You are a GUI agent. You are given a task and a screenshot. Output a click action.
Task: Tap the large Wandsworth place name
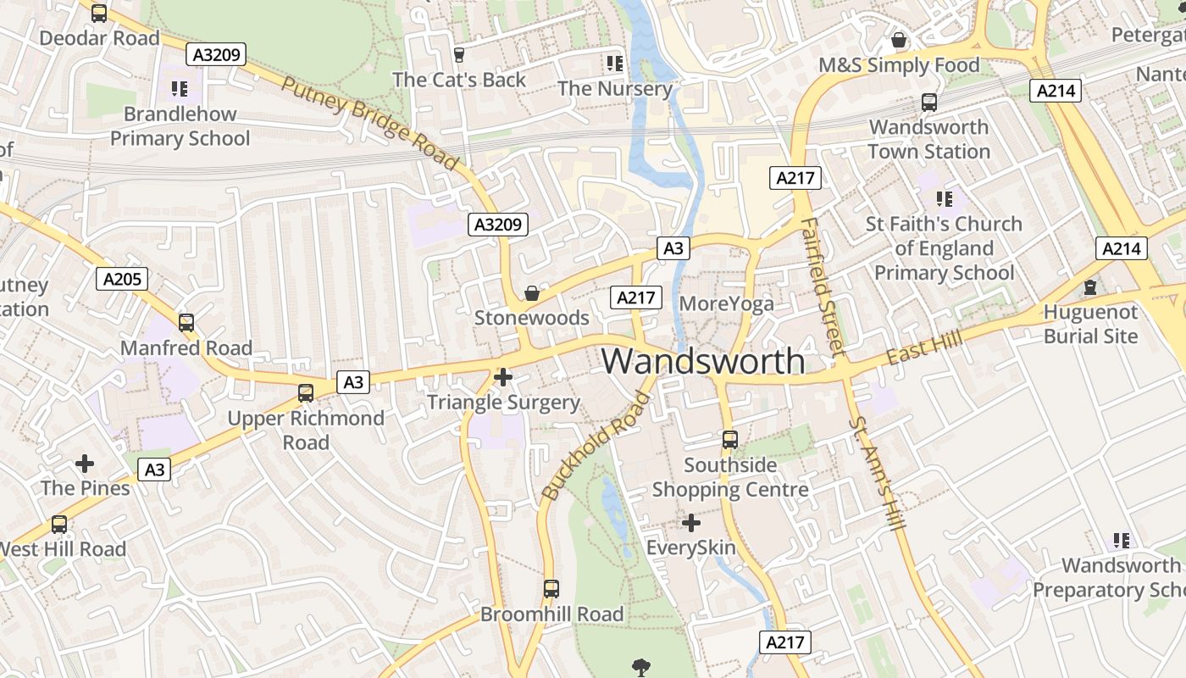pyautogui.click(x=703, y=361)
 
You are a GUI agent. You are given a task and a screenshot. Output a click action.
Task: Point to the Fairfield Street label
pyautogui.click(x=823, y=286)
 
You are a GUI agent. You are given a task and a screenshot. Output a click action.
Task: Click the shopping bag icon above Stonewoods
pyautogui.click(x=532, y=293)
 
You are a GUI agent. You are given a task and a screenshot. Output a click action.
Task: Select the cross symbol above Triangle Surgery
pyautogui.click(x=503, y=376)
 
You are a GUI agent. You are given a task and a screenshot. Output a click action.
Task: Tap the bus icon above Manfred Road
pyautogui.click(x=186, y=322)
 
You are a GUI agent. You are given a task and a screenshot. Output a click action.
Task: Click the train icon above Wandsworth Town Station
pyautogui.click(x=929, y=103)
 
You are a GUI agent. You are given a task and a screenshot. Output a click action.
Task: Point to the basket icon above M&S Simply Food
pyautogui.click(x=899, y=40)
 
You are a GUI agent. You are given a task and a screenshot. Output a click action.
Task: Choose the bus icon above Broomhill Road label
pyautogui.click(x=551, y=588)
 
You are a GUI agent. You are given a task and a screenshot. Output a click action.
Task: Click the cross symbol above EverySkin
pyautogui.click(x=691, y=522)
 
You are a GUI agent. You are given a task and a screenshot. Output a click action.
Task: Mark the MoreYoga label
pyautogui.click(x=726, y=303)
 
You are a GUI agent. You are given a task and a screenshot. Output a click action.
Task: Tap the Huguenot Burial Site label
pyautogui.click(x=1090, y=324)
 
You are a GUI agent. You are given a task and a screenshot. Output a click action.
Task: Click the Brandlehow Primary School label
pyautogui.click(x=180, y=126)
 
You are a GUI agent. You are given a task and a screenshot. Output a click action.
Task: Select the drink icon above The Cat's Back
pyautogui.click(x=459, y=55)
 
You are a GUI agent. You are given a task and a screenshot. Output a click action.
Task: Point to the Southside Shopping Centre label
pyautogui.click(x=729, y=477)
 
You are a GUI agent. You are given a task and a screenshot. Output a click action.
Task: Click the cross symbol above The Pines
pyautogui.click(x=85, y=464)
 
